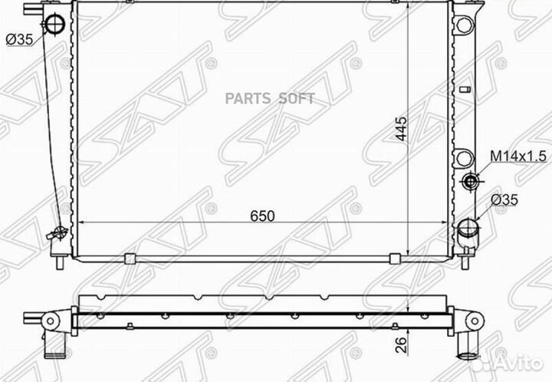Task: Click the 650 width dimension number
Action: [x=262, y=216]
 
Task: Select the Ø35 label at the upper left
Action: [x=18, y=41]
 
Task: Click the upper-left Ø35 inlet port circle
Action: [x=54, y=25]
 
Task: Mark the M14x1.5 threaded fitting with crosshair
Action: [x=471, y=181]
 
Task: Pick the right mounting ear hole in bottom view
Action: [x=473, y=320]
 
